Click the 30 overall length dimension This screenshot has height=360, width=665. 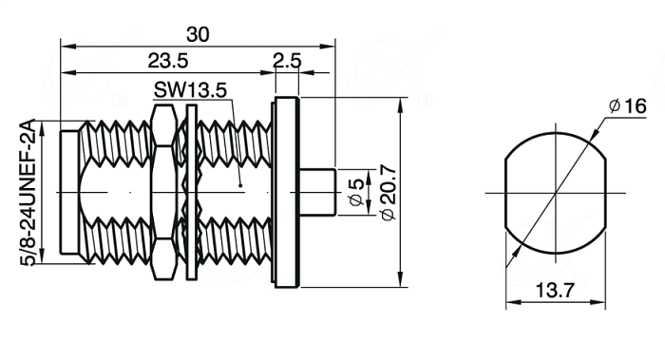pyautogui.click(x=198, y=34)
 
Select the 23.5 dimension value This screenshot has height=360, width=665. pyautogui.click(x=168, y=61)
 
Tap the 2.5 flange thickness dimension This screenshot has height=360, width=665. pyautogui.click(x=287, y=61)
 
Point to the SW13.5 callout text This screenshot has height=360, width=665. pyautogui.click(x=190, y=90)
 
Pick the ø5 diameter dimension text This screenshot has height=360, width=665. pyautogui.click(x=356, y=192)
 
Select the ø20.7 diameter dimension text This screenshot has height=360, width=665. pyautogui.click(x=388, y=193)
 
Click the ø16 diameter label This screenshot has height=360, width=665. pyautogui.click(x=628, y=105)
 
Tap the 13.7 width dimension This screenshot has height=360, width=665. pyautogui.click(x=555, y=291)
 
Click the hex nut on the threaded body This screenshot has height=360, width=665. pyautogui.click(x=163, y=192)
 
